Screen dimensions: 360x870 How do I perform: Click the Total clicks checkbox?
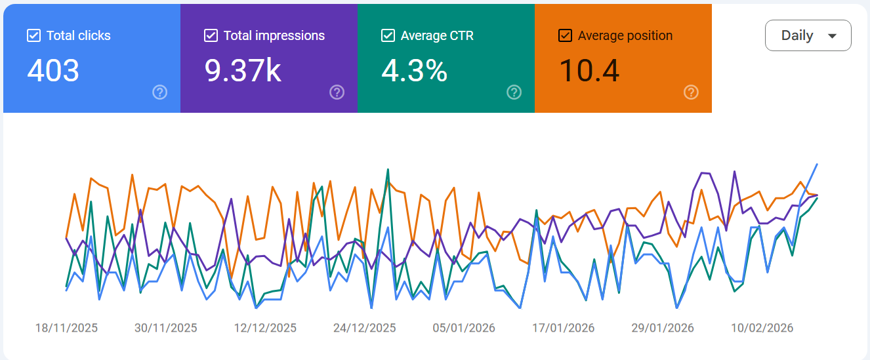33,35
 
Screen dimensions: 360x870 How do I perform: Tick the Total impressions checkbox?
211,35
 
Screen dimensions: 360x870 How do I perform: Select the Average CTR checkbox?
388,35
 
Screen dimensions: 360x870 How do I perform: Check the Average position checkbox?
565,35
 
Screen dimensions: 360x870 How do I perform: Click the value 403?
53,70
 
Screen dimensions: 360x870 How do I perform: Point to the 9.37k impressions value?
243,70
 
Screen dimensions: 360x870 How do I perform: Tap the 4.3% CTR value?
414,70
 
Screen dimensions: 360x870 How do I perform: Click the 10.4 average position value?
589,70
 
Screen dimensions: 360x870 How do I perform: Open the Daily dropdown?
808,35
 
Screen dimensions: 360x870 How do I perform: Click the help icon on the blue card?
159,92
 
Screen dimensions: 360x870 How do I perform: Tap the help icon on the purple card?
337,92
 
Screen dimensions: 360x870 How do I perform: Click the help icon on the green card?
514,92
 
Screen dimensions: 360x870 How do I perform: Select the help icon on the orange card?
691,92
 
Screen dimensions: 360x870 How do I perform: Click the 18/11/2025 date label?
66,328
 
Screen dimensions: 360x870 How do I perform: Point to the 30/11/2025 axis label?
165,328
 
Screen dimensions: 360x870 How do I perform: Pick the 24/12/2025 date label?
364,328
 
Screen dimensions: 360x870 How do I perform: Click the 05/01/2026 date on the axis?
464,328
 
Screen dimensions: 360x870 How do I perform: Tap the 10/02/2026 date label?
762,328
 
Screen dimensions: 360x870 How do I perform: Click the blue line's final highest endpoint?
817,164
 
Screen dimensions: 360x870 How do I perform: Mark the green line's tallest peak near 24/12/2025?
388,169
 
